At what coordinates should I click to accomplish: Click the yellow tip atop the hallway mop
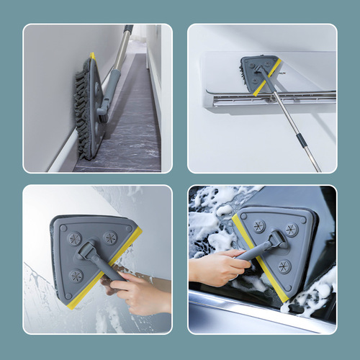tap(92, 55)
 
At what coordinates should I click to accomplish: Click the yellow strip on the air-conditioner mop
tap(266, 78)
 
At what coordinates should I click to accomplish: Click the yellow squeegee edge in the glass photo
tap(108, 269)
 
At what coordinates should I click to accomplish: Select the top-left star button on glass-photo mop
tap(74, 238)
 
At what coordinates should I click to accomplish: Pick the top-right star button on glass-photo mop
tap(109, 237)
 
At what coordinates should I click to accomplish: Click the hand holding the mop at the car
tap(216, 266)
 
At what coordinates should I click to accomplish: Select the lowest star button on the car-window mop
tap(285, 266)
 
